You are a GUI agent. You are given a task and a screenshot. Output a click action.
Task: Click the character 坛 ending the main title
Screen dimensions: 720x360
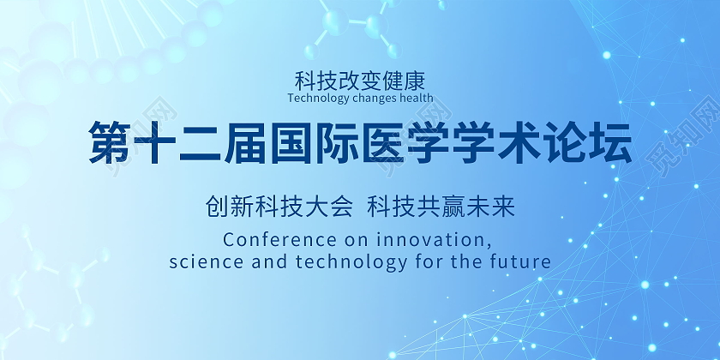(612, 142)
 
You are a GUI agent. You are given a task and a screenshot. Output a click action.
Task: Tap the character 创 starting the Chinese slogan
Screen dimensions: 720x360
(217, 207)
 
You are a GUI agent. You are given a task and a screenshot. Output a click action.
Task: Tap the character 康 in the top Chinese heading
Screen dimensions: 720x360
(415, 81)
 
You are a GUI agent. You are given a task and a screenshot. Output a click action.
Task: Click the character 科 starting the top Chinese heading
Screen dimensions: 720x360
(305, 81)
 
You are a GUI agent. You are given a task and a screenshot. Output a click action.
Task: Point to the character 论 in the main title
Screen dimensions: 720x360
(567, 142)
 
